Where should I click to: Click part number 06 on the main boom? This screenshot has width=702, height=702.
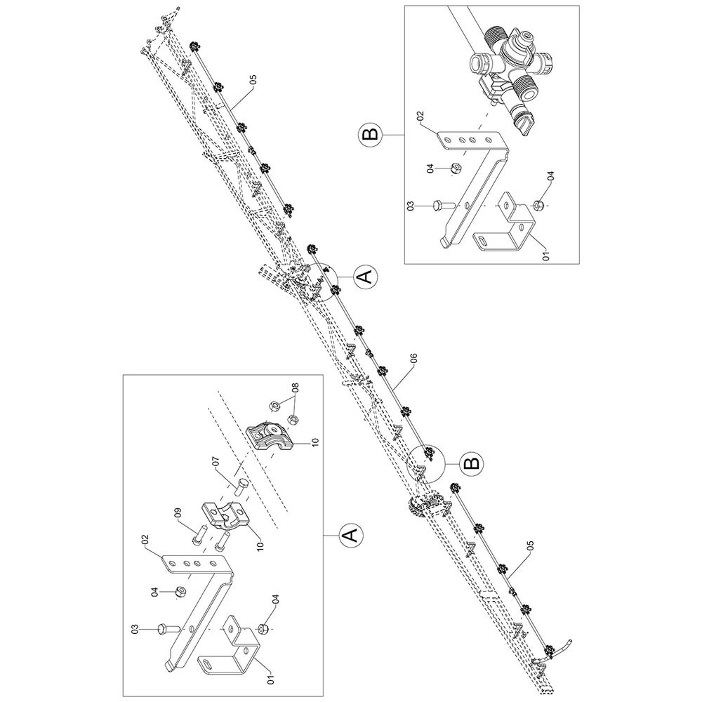pos(413,359)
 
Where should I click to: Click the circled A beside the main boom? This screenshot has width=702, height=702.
pos(366,277)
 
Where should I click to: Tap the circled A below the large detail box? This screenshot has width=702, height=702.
pos(351,534)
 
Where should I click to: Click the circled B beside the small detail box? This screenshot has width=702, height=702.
pos(371,133)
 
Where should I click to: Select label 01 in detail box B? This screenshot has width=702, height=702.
pos(545,256)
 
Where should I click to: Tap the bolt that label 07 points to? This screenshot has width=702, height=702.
pos(240,487)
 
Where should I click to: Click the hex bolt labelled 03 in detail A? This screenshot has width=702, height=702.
pos(168,628)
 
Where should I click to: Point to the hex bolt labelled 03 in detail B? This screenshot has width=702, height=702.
pos(443,205)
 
